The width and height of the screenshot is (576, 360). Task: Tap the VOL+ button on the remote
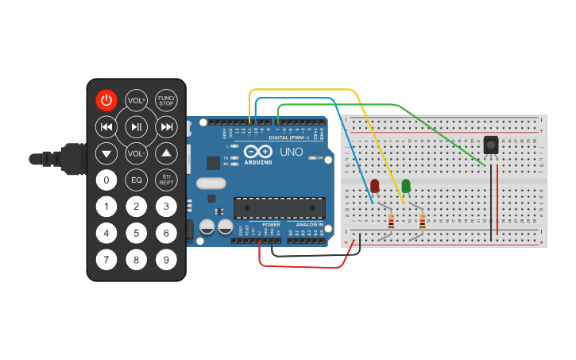[x=137, y=100]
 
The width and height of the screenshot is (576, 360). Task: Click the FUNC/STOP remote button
[x=166, y=100]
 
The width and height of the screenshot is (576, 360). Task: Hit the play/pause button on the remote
[x=137, y=126]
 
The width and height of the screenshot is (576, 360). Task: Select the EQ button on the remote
[x=137, y=180]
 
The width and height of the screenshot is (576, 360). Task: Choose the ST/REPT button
[x=166, y=180]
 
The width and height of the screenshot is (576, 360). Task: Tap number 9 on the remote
[x=166, y=259]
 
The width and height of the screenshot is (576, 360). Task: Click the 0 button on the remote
[x=107, y=180]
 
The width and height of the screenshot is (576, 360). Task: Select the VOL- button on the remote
[x=137, y=153]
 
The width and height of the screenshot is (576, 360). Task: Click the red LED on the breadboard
[x=375, y=186]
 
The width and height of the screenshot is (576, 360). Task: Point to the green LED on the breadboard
[x=406, y=186]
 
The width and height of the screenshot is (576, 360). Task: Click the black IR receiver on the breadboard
[x=491, y=145]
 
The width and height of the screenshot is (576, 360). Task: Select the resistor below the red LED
[x=390, y=221]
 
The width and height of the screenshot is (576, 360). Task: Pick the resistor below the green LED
[x=421, y=221]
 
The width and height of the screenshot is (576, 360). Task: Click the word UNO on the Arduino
[x=289, y=150]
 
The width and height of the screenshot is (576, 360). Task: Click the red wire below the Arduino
[x=302, y=266]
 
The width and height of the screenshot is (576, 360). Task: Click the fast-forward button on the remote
[x=166, y=126]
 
